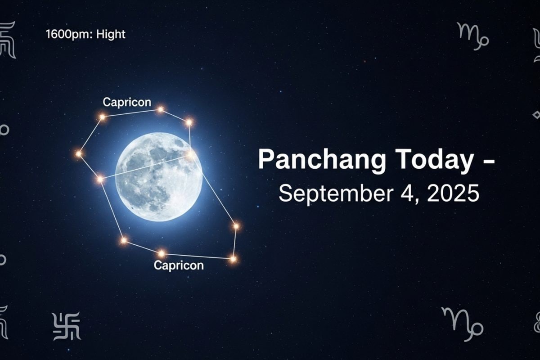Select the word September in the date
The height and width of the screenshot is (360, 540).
click(x=336, y=194)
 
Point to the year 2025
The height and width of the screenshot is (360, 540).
click(x=453, y=193)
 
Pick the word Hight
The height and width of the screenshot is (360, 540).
click(x=111, y=34)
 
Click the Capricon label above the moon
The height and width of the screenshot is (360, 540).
click(x=127, y=102)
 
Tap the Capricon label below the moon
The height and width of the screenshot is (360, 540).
click(x=179, y=265)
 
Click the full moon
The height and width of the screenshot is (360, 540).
click(x=159, y=177)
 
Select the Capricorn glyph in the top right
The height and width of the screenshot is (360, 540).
click(x=472, y=36)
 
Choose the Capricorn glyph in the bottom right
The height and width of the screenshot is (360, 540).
click(x=463, y=324)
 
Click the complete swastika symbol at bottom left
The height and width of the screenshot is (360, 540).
click(x=67, y=326)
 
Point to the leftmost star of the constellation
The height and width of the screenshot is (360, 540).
click(x=79, y=153)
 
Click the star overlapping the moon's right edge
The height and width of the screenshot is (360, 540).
click(x=190, y=154)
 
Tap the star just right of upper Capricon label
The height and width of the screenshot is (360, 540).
click(x=161, y=109)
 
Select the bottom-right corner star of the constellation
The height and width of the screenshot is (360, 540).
click(x=233, y=259)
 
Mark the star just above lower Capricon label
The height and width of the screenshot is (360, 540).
click(x=162, y=253)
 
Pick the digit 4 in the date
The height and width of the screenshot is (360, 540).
click(x=408, y=193)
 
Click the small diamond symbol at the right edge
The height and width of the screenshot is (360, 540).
click(x=536, y=115)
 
